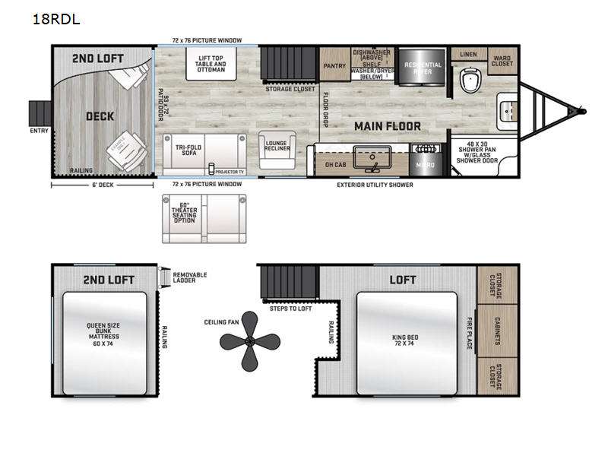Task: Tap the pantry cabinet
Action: tap(334, 65)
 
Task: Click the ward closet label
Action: tap(502, 60)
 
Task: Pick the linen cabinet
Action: tap(469, 54)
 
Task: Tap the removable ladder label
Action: tap(190, 277)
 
